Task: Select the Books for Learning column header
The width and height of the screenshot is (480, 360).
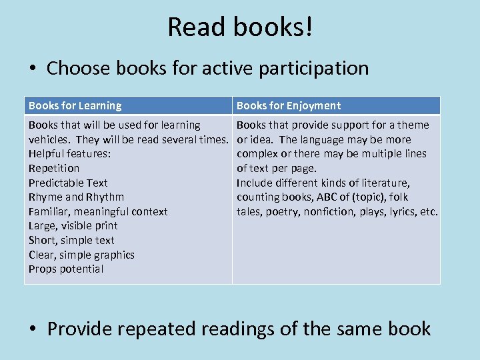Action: point(75,105)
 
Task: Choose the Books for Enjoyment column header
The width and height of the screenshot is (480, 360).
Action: point(289,105)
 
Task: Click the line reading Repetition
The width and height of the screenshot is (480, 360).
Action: point(53,168)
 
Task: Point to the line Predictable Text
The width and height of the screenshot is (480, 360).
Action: point(68,183)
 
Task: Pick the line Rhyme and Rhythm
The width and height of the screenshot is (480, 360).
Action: point(76,197)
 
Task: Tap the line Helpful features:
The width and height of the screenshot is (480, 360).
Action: point(69,154)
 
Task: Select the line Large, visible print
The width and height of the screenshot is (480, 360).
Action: point(73,226)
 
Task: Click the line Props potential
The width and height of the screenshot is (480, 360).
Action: point(65,269)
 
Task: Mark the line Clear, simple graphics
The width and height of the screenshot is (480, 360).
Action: point(81,255)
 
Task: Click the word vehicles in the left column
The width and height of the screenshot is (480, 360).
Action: point(48,139)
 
